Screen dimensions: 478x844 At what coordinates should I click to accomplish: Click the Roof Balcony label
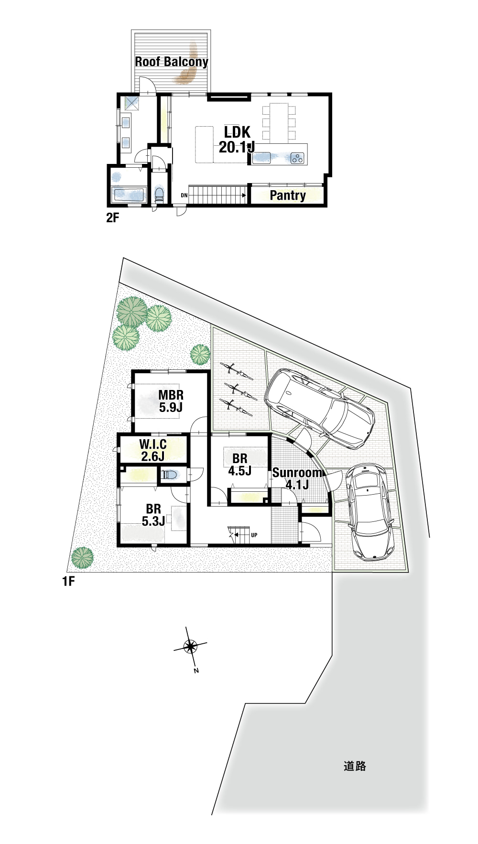pyautogui.click(x=172, y=62)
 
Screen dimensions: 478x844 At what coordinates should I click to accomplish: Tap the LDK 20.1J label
pyautogui.click(x=237, y=140)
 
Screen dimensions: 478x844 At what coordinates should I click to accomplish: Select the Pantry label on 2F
pyautogui.click(x=288, y=195)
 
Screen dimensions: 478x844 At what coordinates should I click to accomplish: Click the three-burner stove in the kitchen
pyautogui.click(x=297, y=158)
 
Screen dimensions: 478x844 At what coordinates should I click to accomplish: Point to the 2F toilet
pyautogui.click(x=159, y=195)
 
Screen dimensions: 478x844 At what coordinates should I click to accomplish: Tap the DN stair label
pyautogui.click(x=184, y=195)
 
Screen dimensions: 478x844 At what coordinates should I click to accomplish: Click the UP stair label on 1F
pyautogui.click(x=254, y=535)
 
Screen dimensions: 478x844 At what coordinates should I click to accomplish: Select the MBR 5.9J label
pyautogui.click(x=171, y=401)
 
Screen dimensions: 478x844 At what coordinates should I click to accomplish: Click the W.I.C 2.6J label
pyautogui.click(x=153, y=450)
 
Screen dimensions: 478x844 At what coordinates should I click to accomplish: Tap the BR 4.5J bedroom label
pyautogui.click(x=240, y=465)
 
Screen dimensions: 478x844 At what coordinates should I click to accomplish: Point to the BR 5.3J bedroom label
pyautogui.click(x=153, y=515)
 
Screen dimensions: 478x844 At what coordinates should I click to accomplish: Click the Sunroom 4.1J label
pyautogui.click(x=297, y=478)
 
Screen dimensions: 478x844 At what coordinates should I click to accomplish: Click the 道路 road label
pyautogui.click(x=355, y=766)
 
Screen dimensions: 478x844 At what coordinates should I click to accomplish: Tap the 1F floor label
pyautogui.click(x=68, y=581)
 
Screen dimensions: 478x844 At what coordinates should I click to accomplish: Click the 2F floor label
pyautogui.click(x=112, y=218)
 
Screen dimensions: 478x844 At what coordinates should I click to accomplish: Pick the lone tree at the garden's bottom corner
pyautogui.click(x=83, y=558)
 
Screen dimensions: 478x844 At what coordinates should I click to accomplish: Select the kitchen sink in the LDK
pyautogui.click(x=261, y=157)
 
